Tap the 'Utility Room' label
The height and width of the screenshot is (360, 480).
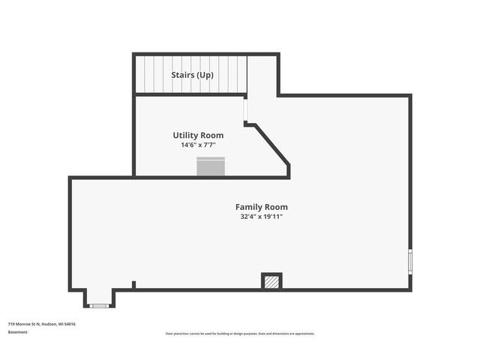[198, 136]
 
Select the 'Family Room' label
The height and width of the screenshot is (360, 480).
[261, 207]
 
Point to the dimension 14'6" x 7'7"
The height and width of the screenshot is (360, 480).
[198, 145]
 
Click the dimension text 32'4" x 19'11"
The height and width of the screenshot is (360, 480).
[261, 217]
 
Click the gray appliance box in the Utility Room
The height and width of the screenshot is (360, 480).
[211, 167]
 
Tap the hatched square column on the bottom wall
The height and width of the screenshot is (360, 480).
[271, 281]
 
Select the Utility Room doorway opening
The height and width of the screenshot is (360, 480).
[245, 110]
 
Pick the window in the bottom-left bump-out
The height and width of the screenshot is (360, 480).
[99, 305]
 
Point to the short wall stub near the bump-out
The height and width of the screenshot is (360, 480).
[133, 285]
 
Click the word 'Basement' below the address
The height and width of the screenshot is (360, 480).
[18, 332]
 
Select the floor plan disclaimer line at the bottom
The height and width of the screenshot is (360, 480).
[240, 334]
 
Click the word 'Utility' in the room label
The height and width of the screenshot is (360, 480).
[185, 136]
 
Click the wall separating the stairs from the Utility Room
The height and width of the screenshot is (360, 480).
[190, 94]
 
